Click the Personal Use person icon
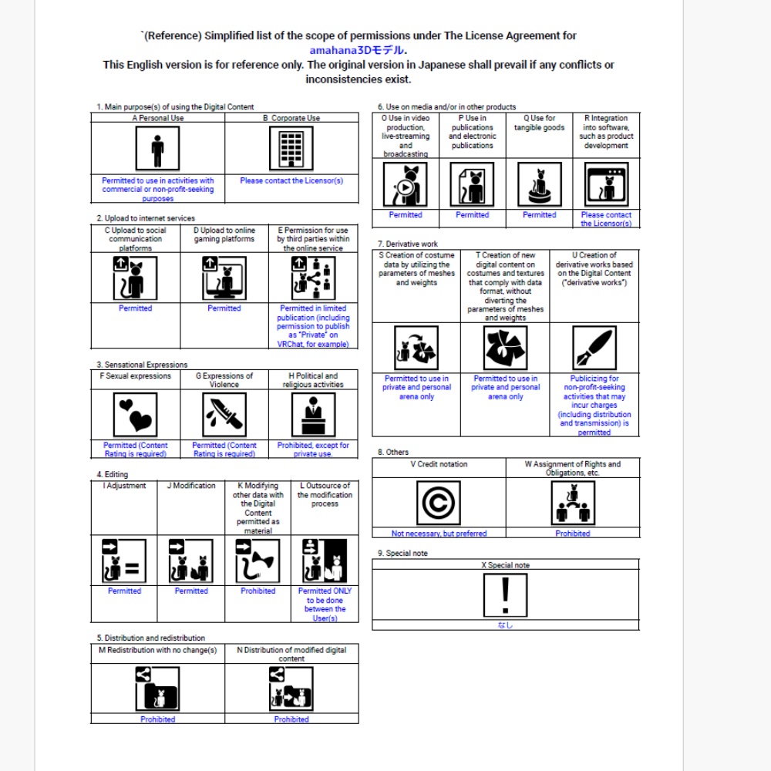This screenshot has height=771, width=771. pos(157,148)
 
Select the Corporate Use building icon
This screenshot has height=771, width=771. pos(291,148)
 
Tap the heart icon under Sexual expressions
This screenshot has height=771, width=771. pos(135,415)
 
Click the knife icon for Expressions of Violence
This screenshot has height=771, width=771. pos(224,415)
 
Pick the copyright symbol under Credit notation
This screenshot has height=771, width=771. pos(438,503)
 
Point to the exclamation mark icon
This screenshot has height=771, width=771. pos(505,595)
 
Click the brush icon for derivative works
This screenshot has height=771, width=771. pos(594,348)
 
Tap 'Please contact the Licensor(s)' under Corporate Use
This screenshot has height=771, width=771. pos(291,180)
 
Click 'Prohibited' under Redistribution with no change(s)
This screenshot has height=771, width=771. pos(157,719)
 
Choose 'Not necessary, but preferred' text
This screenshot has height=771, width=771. pos(439,534)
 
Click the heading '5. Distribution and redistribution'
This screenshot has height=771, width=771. pos(151,638)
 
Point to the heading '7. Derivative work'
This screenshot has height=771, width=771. pos(408,244)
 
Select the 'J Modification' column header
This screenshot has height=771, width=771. pos(191,486)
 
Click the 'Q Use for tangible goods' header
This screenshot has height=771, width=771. pos(539,123)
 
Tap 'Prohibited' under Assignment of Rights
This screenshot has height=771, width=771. pos(573,534)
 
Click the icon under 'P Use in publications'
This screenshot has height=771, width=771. pos(472,184)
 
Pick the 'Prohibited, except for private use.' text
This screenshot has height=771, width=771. pos(313,449)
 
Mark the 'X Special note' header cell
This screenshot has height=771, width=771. pos(505,565)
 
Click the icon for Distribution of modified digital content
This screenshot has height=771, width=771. pos(291,689)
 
